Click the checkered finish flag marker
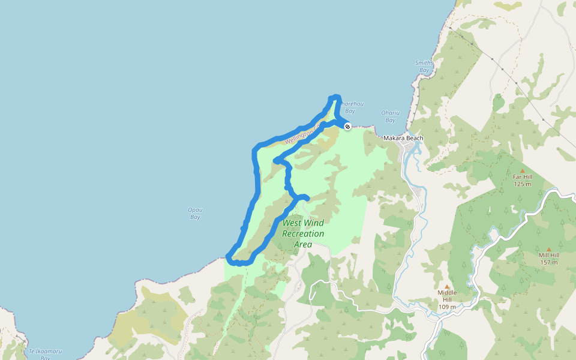tap(347, 126)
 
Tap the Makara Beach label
tap(403, 138)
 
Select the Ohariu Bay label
tap(391, 115)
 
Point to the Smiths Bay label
tap(424, 67)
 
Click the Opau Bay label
tap(195, 213)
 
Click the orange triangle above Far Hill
tap(522, 171)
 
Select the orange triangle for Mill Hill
tap(548, 249)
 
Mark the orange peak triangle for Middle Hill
tap(446, 287)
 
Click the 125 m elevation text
tap(522, 184)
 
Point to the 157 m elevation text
tap(548, 262)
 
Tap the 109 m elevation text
tap(446, 307)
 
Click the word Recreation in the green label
tap(303, 233)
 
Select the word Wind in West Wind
tap(314, 223)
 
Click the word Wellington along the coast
tap(299, 137)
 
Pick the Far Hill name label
tap(522, 177)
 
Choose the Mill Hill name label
tap(548, 255)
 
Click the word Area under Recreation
tap(303, 244)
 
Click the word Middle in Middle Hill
tap(446, 293)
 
